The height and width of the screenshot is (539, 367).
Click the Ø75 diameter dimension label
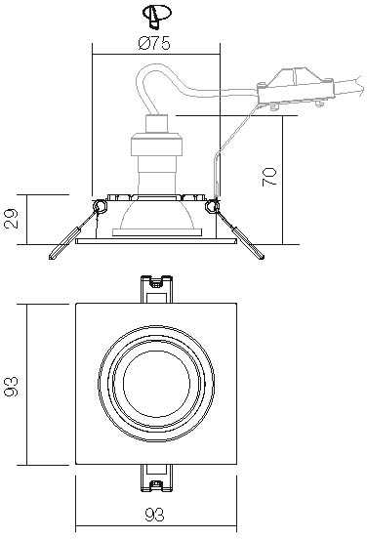coord(154,44)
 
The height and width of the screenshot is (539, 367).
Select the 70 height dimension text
coord(269,177)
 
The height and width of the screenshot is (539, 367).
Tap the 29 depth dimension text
coord(12,219)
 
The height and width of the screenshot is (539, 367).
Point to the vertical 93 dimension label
coord(12,387)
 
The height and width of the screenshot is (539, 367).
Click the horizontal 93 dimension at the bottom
coord(154,515)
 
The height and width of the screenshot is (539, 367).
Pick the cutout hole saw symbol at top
coord(156,17)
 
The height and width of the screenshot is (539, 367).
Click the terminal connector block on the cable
coord(295,88)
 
